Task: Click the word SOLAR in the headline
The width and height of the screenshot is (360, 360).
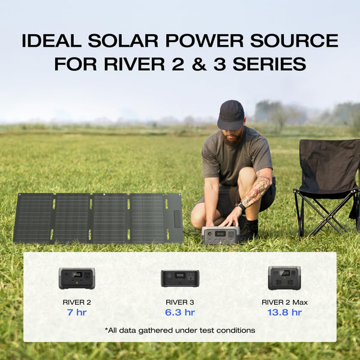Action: point(124,41)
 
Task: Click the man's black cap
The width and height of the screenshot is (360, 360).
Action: point(231,114)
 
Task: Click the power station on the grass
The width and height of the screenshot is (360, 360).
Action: point(221,235)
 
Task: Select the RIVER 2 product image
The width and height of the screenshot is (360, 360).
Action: point(77,278)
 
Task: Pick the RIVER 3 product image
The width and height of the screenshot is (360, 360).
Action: point(180,278)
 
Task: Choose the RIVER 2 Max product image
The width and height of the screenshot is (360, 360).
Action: point(284,278)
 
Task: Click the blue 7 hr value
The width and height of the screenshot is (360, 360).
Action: point(77,313)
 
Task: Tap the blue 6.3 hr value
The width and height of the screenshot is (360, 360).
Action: point(180,313)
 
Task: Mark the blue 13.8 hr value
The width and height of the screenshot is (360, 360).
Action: point(284,313)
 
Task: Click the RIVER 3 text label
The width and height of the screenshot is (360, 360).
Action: point(180,302)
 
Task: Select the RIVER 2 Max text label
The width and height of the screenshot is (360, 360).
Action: point(284,302)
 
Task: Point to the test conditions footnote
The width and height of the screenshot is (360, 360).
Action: point(180,330)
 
